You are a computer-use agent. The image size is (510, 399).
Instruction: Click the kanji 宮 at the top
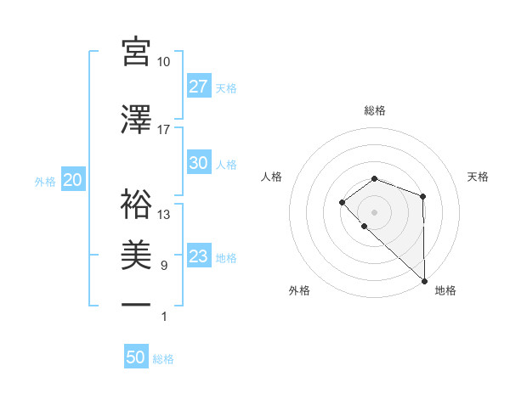coord(136,53)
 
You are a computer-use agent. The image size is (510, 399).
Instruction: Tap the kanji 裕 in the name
coord(136,204)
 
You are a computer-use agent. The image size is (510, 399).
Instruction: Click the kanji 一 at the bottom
coord(136,305)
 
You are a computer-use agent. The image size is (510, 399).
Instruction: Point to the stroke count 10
coord(164,62)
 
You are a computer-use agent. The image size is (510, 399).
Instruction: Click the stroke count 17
coord(164,130)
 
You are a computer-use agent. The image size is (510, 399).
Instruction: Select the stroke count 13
coord(164,215)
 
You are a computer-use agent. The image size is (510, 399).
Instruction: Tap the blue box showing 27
coord(198,87)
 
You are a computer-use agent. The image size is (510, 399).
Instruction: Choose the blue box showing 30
coord(198,163)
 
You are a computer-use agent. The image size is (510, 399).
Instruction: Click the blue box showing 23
coord(198,256)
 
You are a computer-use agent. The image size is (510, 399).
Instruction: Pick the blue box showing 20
coord(72,181)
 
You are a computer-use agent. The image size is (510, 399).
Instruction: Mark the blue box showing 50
coord(135,358)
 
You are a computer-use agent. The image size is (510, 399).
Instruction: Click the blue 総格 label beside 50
coord(163,359)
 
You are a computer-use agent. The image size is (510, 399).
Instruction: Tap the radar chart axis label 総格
coord(375,110)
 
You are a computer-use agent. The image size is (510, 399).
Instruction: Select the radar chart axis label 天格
coord(479,177)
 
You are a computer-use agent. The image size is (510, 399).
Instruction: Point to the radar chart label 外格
coord(299,290)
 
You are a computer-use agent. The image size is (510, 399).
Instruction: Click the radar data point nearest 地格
coord(424,280)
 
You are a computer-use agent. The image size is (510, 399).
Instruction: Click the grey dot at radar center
coord(375,211)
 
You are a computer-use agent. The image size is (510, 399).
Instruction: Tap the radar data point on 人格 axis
coord(342,202)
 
